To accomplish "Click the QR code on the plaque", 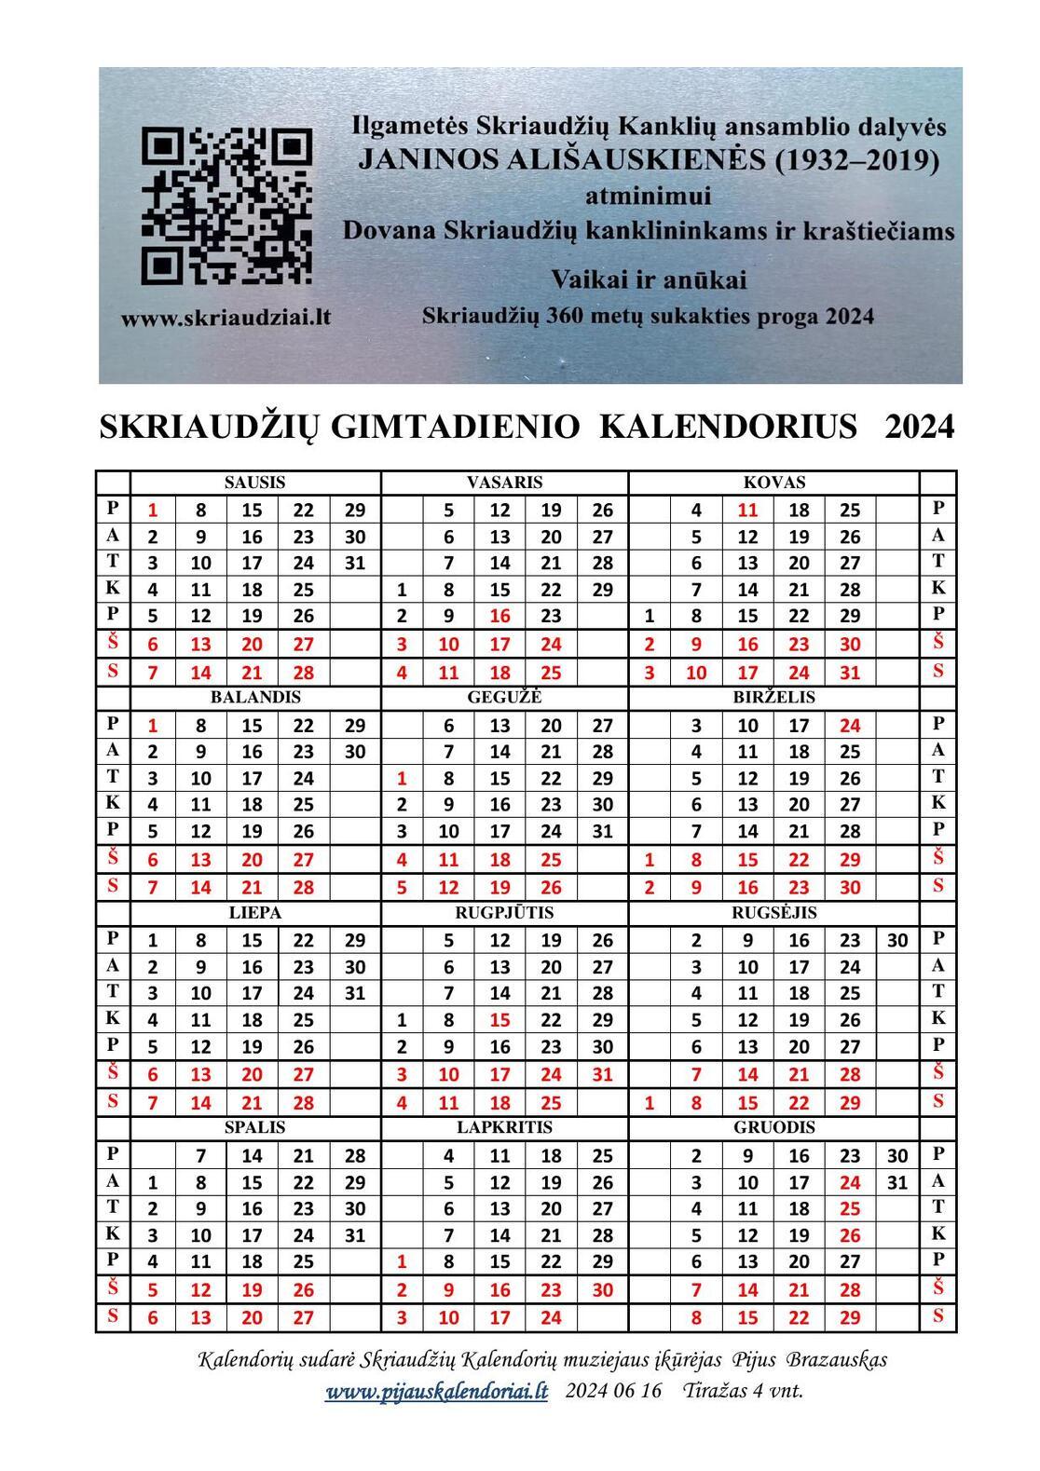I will pos(226,205).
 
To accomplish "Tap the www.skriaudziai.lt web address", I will pos(226,317).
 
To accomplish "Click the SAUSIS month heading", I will pos(254,483).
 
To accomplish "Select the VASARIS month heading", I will pos(504,483).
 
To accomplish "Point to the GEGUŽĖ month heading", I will pos(504,697).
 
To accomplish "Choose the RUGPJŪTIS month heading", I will pos(504,913).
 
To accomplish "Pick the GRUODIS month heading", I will pos(773,1127).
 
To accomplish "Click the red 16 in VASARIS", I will pos(499,616).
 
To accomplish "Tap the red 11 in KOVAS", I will pos(747,510).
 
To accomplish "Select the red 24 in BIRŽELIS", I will pos(849,725).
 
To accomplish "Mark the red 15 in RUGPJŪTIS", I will pos(499,1020).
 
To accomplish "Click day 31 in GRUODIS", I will pos(896,1183).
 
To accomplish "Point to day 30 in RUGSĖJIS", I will pos(896,940).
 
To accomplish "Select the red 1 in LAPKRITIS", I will pos(403,1262).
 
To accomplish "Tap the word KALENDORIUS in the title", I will pos(728,427).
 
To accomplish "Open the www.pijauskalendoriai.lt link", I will pos(436,1392).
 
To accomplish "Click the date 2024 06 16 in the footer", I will pos(612,1392).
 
